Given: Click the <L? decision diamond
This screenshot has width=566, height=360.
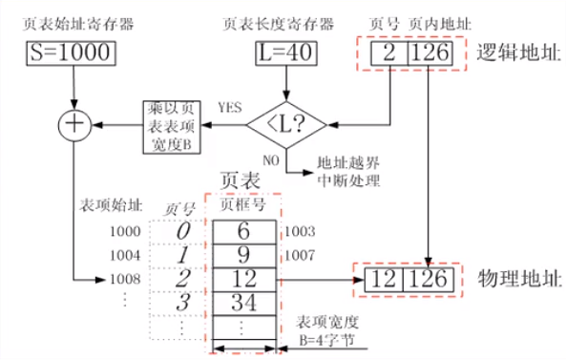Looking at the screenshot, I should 285,124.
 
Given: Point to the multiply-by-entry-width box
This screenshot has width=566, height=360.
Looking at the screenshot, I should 173,124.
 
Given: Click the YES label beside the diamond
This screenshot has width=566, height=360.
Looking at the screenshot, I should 230,105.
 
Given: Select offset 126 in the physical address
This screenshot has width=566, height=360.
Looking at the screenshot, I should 426,281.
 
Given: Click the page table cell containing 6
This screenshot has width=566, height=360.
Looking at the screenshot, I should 243,232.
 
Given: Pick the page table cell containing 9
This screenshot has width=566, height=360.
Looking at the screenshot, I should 243,256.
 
